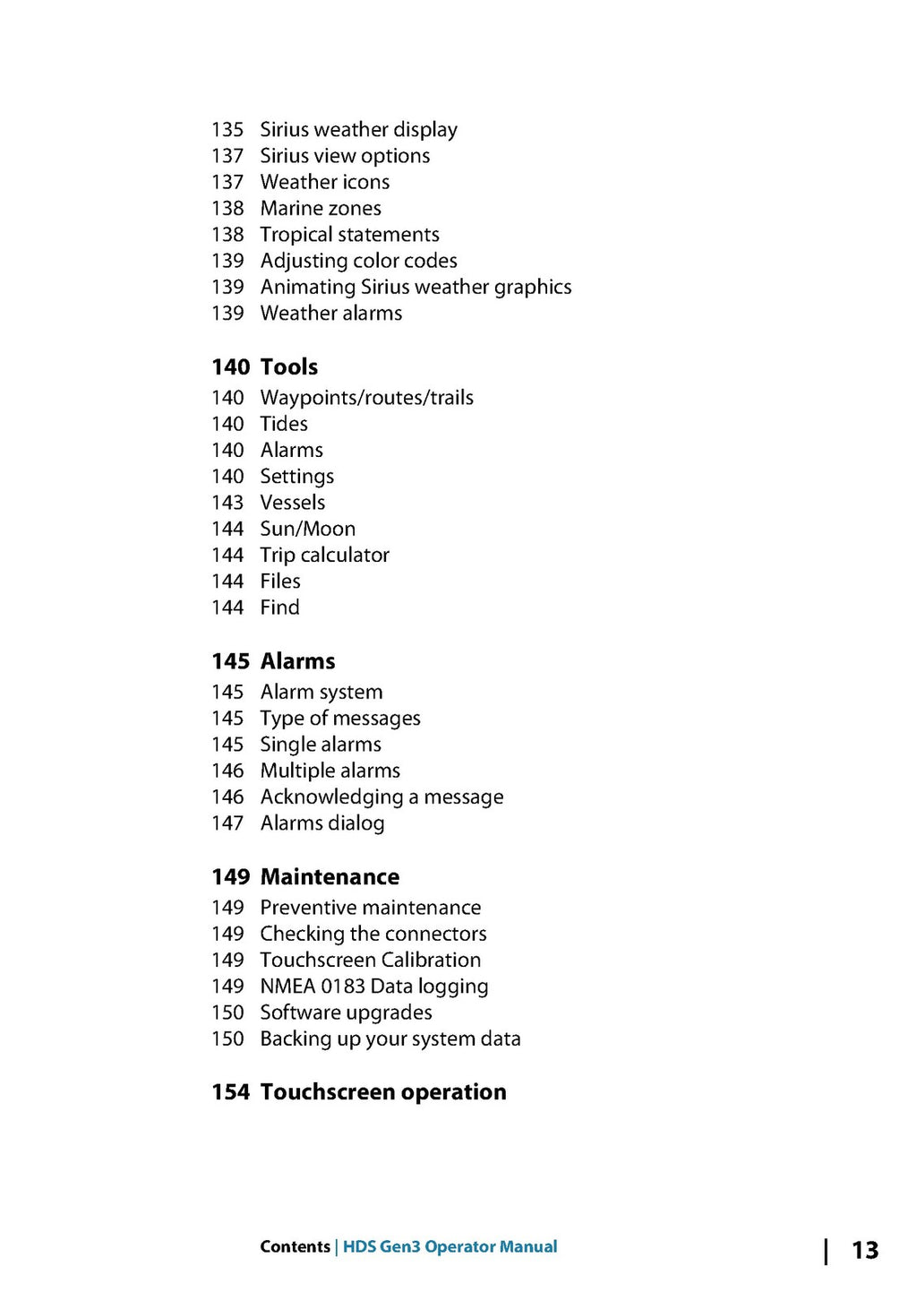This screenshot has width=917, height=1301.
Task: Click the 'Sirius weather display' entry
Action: click(x=358, y=130)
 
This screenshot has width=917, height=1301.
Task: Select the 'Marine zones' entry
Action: click(x=321, y=209)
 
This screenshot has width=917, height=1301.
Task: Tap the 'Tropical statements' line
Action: click(x=349, y=235)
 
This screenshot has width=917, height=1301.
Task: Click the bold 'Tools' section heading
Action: click(x=289, y=367)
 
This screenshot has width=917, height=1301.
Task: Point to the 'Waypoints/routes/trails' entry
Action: click(x=366, y=398)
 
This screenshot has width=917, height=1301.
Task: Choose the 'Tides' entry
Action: click(x=284, y=424)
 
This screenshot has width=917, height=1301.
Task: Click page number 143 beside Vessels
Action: click(x=227, y=503)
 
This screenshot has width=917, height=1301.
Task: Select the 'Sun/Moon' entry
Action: click(x=307, y=529)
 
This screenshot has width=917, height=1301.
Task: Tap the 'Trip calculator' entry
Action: click(x=324, y=556)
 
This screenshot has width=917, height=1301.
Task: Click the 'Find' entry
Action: click(x=279, y=607)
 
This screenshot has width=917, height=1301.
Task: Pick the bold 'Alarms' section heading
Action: click(x=297, y=661)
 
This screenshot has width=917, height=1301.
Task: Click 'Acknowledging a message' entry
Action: click(x=381, y=797)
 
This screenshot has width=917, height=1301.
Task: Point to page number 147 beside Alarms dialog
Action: click(x=227, y=823)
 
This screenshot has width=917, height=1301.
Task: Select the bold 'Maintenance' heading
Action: click(x=330, y=877)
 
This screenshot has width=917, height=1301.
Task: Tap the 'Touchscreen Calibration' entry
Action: click(x=370, y=961)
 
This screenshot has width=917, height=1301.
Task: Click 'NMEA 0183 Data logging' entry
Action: click(x=373, y=987)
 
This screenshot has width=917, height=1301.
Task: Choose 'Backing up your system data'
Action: click(x=390, y=1039)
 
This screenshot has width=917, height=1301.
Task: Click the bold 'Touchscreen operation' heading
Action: click(x=383, y=1092)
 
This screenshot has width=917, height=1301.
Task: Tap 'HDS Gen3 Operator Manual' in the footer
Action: click(x=450, y=1246)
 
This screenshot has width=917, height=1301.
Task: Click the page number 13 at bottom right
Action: click(x=864, y=1250)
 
